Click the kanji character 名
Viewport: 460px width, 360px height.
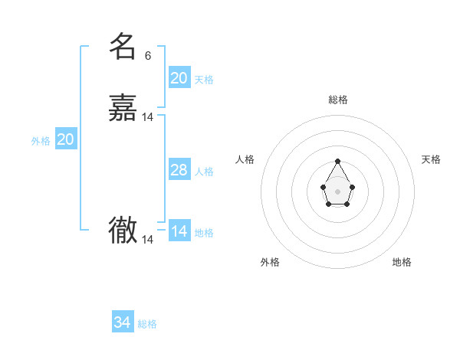click(123, 47)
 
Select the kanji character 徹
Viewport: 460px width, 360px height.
click(123, 230)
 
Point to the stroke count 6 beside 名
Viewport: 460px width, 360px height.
click(148, 56)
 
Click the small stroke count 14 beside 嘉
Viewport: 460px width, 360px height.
click(148, 117)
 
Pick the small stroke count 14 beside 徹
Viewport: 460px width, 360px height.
click(148, 240)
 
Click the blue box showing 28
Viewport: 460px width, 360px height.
click(179, 170)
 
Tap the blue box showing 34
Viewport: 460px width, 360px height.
click(123, 322)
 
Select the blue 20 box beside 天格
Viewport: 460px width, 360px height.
click(179, 77)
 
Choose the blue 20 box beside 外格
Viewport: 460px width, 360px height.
click(66, 139)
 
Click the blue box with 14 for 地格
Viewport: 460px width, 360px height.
click(179, 231)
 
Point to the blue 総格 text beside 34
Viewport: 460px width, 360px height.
click(147, 324)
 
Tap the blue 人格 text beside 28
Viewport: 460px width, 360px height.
click(204, 172)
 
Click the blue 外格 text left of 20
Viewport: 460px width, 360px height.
click(41, 141)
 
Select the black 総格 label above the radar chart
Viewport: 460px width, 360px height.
click(338, 100)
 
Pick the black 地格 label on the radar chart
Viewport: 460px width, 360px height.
click(402, 262)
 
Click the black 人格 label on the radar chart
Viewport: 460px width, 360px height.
click(245, 159)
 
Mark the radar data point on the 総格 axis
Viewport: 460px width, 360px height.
click(338, 161)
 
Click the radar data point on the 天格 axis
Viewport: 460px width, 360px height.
click(352, 186)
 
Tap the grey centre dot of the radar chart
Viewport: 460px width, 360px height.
click(338, 191)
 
